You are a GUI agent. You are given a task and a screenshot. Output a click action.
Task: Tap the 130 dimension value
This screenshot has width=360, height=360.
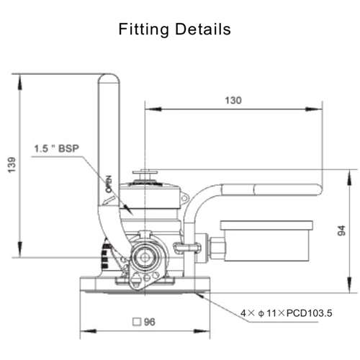click(233, 101)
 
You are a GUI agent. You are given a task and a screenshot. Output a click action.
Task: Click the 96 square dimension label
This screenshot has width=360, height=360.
click(149, 322)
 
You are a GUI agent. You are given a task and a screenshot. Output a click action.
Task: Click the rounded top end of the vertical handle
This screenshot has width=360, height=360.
click(109, 79)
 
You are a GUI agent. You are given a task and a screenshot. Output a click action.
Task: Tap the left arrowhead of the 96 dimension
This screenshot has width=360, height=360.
click(81, 331)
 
